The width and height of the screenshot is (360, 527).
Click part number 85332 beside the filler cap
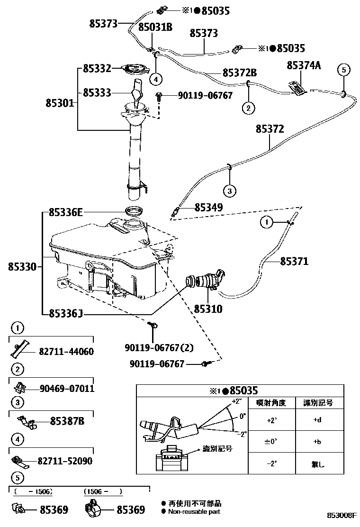click(x=97, y=68)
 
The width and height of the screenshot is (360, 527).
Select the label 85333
click(x=97, y=92)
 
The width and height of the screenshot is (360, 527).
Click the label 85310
click(x=207, y=309)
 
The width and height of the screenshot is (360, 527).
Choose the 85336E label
click(x=65, y=213)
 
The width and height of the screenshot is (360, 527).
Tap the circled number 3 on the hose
click(x=229, y=191)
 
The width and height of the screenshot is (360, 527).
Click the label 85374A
click(x=304, y=66)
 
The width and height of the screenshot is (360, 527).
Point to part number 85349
click(x=208, y=207)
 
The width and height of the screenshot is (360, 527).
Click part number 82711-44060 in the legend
click(x=66, y=352)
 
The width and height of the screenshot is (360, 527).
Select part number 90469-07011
click(x=67, y=389)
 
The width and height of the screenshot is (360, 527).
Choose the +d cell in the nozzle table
click(x=317, y=419)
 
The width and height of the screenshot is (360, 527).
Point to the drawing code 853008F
click(x=341, y=514)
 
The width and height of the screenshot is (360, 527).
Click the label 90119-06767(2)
click(x=159, y=347)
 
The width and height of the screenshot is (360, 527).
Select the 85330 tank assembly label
click(x=22, y=267)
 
